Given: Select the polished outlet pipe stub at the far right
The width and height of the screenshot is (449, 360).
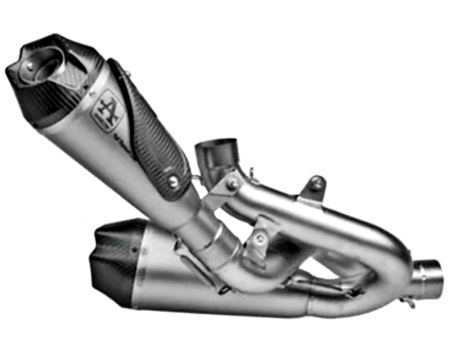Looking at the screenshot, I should pyautogui.click(x=428, y=278).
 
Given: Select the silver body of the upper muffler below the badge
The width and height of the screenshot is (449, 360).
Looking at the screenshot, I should pyautogui.click(x=92, y=147).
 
